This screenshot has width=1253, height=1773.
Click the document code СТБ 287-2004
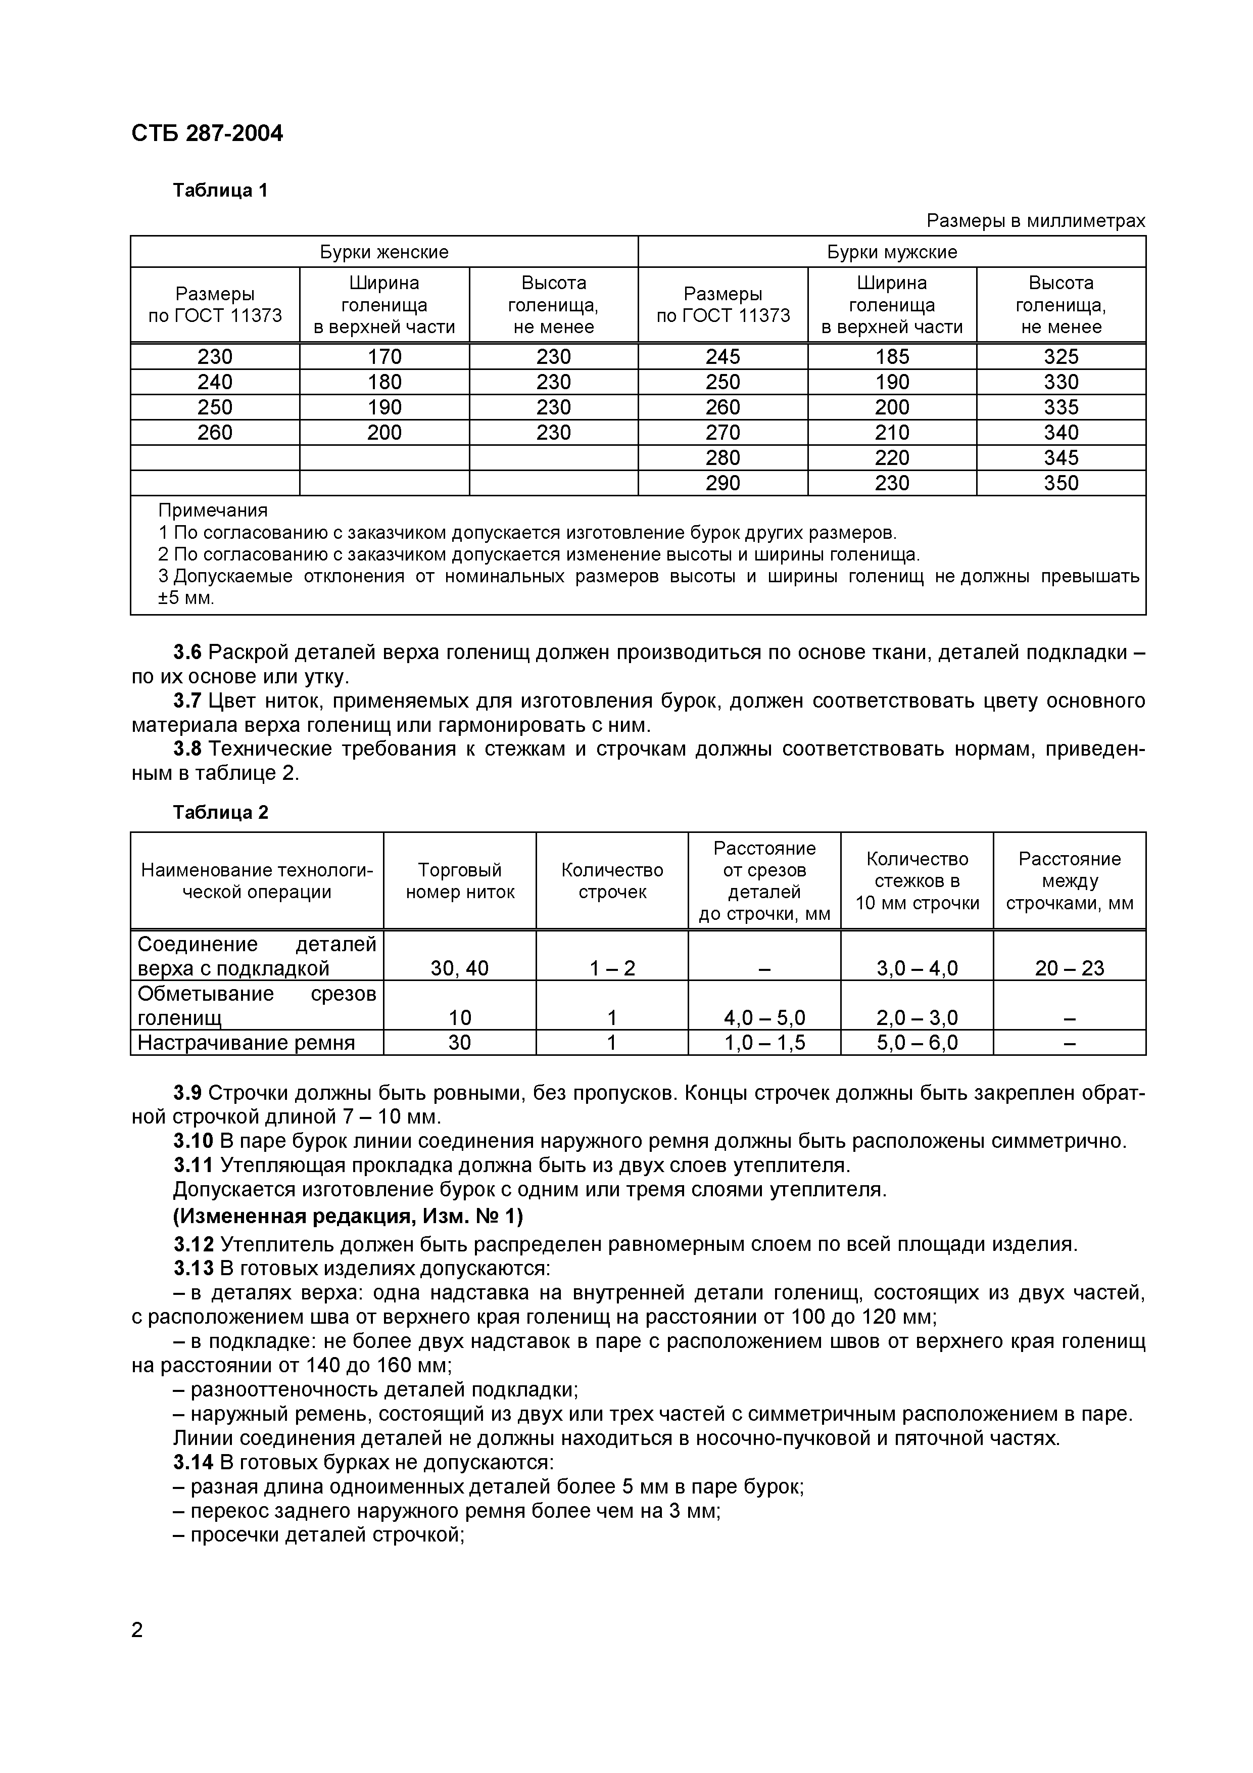207,133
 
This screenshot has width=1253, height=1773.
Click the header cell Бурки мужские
892,252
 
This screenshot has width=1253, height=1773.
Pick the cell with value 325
1061,357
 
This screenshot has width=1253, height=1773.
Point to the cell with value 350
1061,483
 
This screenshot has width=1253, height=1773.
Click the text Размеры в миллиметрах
1035,221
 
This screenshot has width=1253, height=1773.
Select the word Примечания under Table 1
213,510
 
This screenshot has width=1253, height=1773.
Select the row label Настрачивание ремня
246,1043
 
